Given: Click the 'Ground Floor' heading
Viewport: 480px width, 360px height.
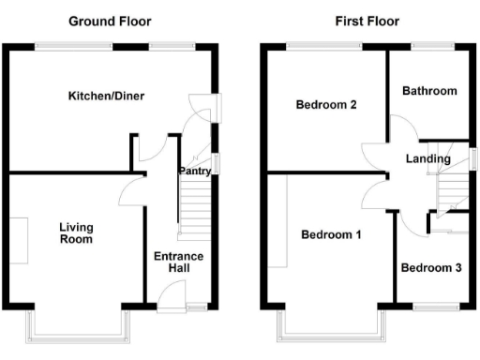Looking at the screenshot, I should (110, 21).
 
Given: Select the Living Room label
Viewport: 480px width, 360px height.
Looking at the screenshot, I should (76, 232).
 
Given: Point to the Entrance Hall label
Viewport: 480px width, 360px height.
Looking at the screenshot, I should (178, 262).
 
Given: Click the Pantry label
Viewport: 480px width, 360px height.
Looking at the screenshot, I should (194, 172).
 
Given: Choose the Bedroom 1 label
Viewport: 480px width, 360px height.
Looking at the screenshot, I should (331, 234).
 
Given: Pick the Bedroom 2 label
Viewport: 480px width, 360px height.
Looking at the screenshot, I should (325, 105).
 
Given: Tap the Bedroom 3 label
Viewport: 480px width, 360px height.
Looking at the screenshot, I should (430, 268).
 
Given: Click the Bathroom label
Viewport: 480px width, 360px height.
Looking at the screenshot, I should (429, 91).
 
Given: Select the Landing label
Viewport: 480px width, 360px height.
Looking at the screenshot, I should (427, 159).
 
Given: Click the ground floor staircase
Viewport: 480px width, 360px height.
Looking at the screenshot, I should (196, 211).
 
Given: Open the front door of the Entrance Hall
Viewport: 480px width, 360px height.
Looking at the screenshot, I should (172, 298).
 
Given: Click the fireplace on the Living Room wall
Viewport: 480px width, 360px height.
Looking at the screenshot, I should (20, 240).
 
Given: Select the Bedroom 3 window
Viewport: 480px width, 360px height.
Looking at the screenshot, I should (435, 306).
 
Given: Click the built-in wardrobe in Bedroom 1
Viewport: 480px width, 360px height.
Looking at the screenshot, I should (277, 221).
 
